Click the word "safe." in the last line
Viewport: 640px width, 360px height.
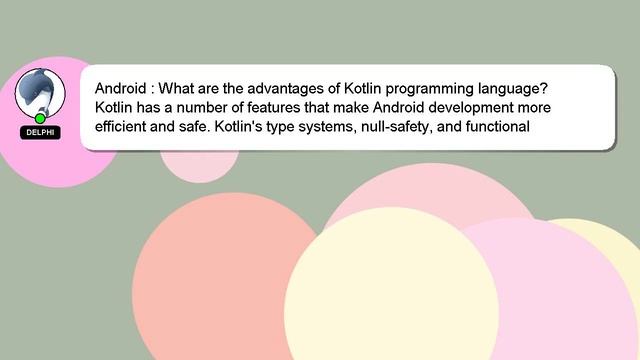(191, 127)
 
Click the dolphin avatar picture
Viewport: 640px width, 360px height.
(41, 92)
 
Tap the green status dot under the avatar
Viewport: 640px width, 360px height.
(41, 119)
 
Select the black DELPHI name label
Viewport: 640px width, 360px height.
(41, 132)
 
